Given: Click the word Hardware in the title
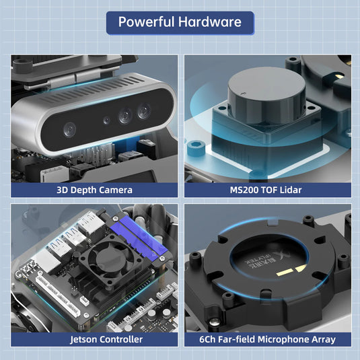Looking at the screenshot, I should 209,22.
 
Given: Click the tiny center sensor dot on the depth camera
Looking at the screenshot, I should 106,121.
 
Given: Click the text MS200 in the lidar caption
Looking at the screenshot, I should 244,190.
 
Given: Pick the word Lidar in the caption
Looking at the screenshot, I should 291,190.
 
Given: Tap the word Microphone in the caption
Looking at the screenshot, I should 284,339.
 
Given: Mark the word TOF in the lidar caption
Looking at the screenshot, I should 270,190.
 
